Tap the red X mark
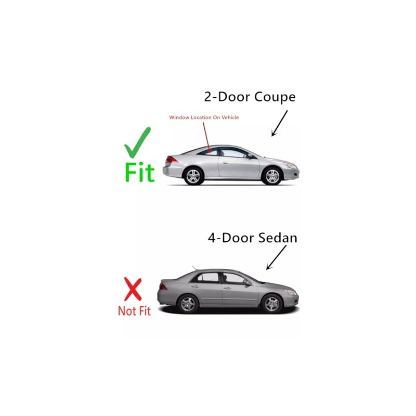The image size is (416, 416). pos(133,290)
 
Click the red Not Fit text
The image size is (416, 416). pos(134,311)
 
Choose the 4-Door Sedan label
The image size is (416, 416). pos(252,238)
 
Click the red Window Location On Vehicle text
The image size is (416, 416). pos(204,118)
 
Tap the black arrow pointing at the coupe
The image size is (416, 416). pos(279,123)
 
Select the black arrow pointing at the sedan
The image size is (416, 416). pos(276,257)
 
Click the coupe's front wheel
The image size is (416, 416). pos(272,176)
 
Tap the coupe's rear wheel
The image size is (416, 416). pos(193,176)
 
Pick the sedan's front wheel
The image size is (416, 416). pos(272,303)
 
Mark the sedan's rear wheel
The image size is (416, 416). pos(188,303)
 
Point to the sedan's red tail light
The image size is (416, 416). pos(163,286)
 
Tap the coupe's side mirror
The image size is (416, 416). pos(250,155)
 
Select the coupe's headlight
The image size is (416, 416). pos(290,165)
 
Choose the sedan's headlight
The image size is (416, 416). pos(291,292)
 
